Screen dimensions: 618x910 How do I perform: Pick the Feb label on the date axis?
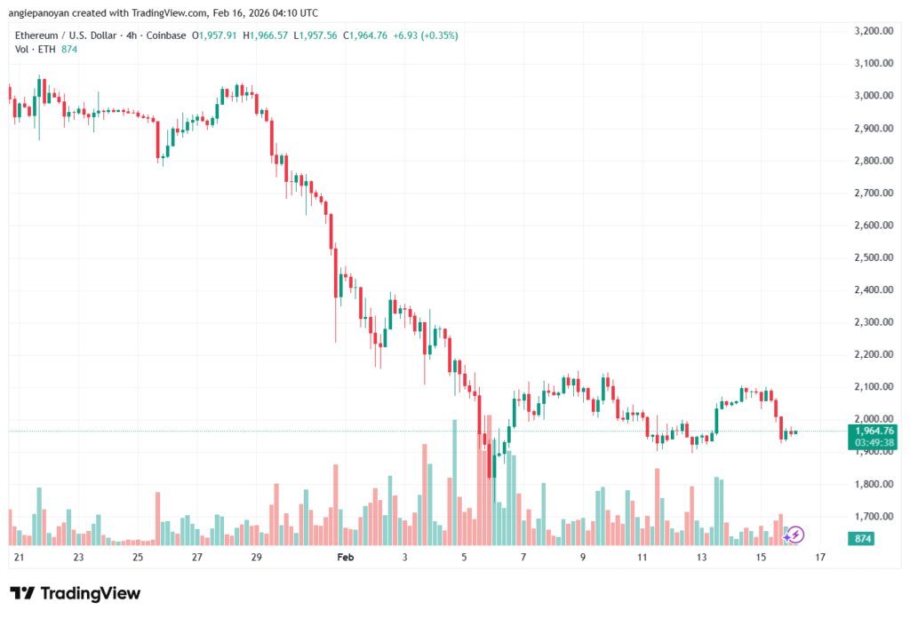click(x=345, y=558)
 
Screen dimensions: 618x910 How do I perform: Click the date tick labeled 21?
click(x=20, y=558)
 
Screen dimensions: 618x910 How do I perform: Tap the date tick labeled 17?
click(x=819, y=558)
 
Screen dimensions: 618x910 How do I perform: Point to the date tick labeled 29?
click(x=256, y=558)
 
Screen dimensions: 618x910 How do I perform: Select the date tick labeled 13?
click(x=701, y=558)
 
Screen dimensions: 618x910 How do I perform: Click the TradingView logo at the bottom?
click(x=75, y=593)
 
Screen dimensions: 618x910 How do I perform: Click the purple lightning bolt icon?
click(x=796, y=534)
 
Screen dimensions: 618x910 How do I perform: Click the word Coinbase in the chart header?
click(x=167, y=36)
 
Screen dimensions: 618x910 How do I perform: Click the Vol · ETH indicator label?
click(x=34, y=49)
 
